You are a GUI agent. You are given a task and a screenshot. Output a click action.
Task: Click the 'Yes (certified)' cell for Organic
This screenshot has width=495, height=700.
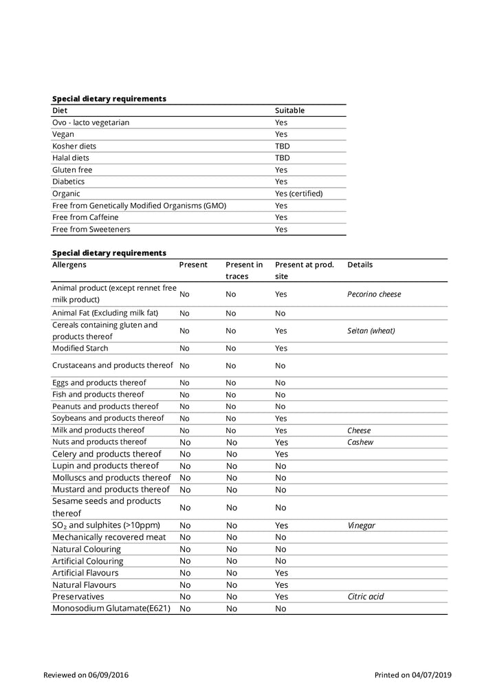(x=298, y=193)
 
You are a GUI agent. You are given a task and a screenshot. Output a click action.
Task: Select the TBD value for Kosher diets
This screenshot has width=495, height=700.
(x=282, y=146)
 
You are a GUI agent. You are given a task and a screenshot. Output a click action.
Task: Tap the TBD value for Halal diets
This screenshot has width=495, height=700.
(x=282, y=158)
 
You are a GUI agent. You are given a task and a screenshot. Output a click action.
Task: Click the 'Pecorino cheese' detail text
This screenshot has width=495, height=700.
(x=374, y=294)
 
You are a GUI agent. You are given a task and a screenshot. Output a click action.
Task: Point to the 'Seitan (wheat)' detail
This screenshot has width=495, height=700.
(x=371, y=331)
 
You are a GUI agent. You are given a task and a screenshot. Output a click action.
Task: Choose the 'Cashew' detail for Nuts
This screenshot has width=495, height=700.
(x=360, y=442)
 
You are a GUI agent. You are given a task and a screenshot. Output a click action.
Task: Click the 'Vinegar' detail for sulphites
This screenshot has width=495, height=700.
(x=362, y=525)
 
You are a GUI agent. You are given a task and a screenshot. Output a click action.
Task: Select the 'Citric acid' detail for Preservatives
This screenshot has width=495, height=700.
(x=366, y=596)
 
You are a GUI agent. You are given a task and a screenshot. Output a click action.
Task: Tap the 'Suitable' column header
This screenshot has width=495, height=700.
(x=289, y=111)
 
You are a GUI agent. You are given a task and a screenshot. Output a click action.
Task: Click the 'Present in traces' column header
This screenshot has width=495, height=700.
(x=244, y=270)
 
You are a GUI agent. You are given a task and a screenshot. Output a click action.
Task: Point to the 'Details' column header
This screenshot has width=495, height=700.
(x=360, y=265)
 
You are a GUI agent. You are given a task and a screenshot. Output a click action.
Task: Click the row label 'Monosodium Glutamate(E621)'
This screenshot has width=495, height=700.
(x=110, y=609)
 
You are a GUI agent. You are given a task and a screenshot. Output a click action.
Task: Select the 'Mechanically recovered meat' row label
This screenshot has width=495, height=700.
(x=109, y=537)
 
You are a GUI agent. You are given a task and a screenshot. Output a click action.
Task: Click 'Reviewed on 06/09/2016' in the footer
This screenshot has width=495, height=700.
(x=86, y=675)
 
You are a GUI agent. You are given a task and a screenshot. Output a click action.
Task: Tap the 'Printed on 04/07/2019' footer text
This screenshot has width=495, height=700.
(x=412, y=675)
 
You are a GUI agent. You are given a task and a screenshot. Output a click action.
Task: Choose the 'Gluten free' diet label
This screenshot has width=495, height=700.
(x=72, y=170)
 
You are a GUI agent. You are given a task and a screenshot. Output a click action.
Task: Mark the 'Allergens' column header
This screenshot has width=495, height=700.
(x=69, y=265)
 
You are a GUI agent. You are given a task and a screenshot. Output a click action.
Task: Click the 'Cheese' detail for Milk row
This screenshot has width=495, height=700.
(x=359, y=430)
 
